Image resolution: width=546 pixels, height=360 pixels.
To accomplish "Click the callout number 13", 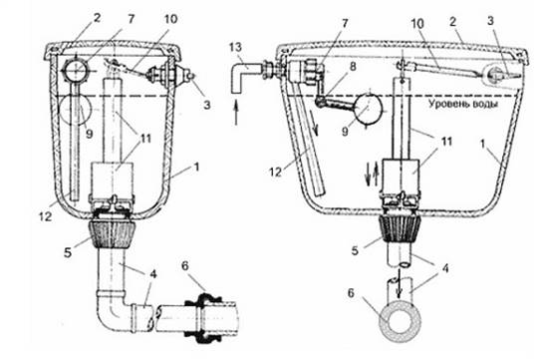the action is coord(236,48).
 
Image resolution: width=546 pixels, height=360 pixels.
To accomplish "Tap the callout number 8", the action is coord(354,66).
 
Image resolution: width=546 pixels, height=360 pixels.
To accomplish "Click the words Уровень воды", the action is coord(462,104).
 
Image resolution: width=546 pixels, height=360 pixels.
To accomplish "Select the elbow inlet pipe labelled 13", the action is coord(244,76).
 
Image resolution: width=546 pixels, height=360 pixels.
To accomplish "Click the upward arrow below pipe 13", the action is coord(236,112).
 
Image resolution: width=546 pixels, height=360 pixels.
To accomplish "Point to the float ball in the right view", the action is coord(368,109).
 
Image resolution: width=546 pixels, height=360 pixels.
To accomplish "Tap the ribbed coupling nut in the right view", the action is coord(401,229).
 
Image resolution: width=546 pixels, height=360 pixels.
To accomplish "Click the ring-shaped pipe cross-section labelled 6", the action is coord(400,323).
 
